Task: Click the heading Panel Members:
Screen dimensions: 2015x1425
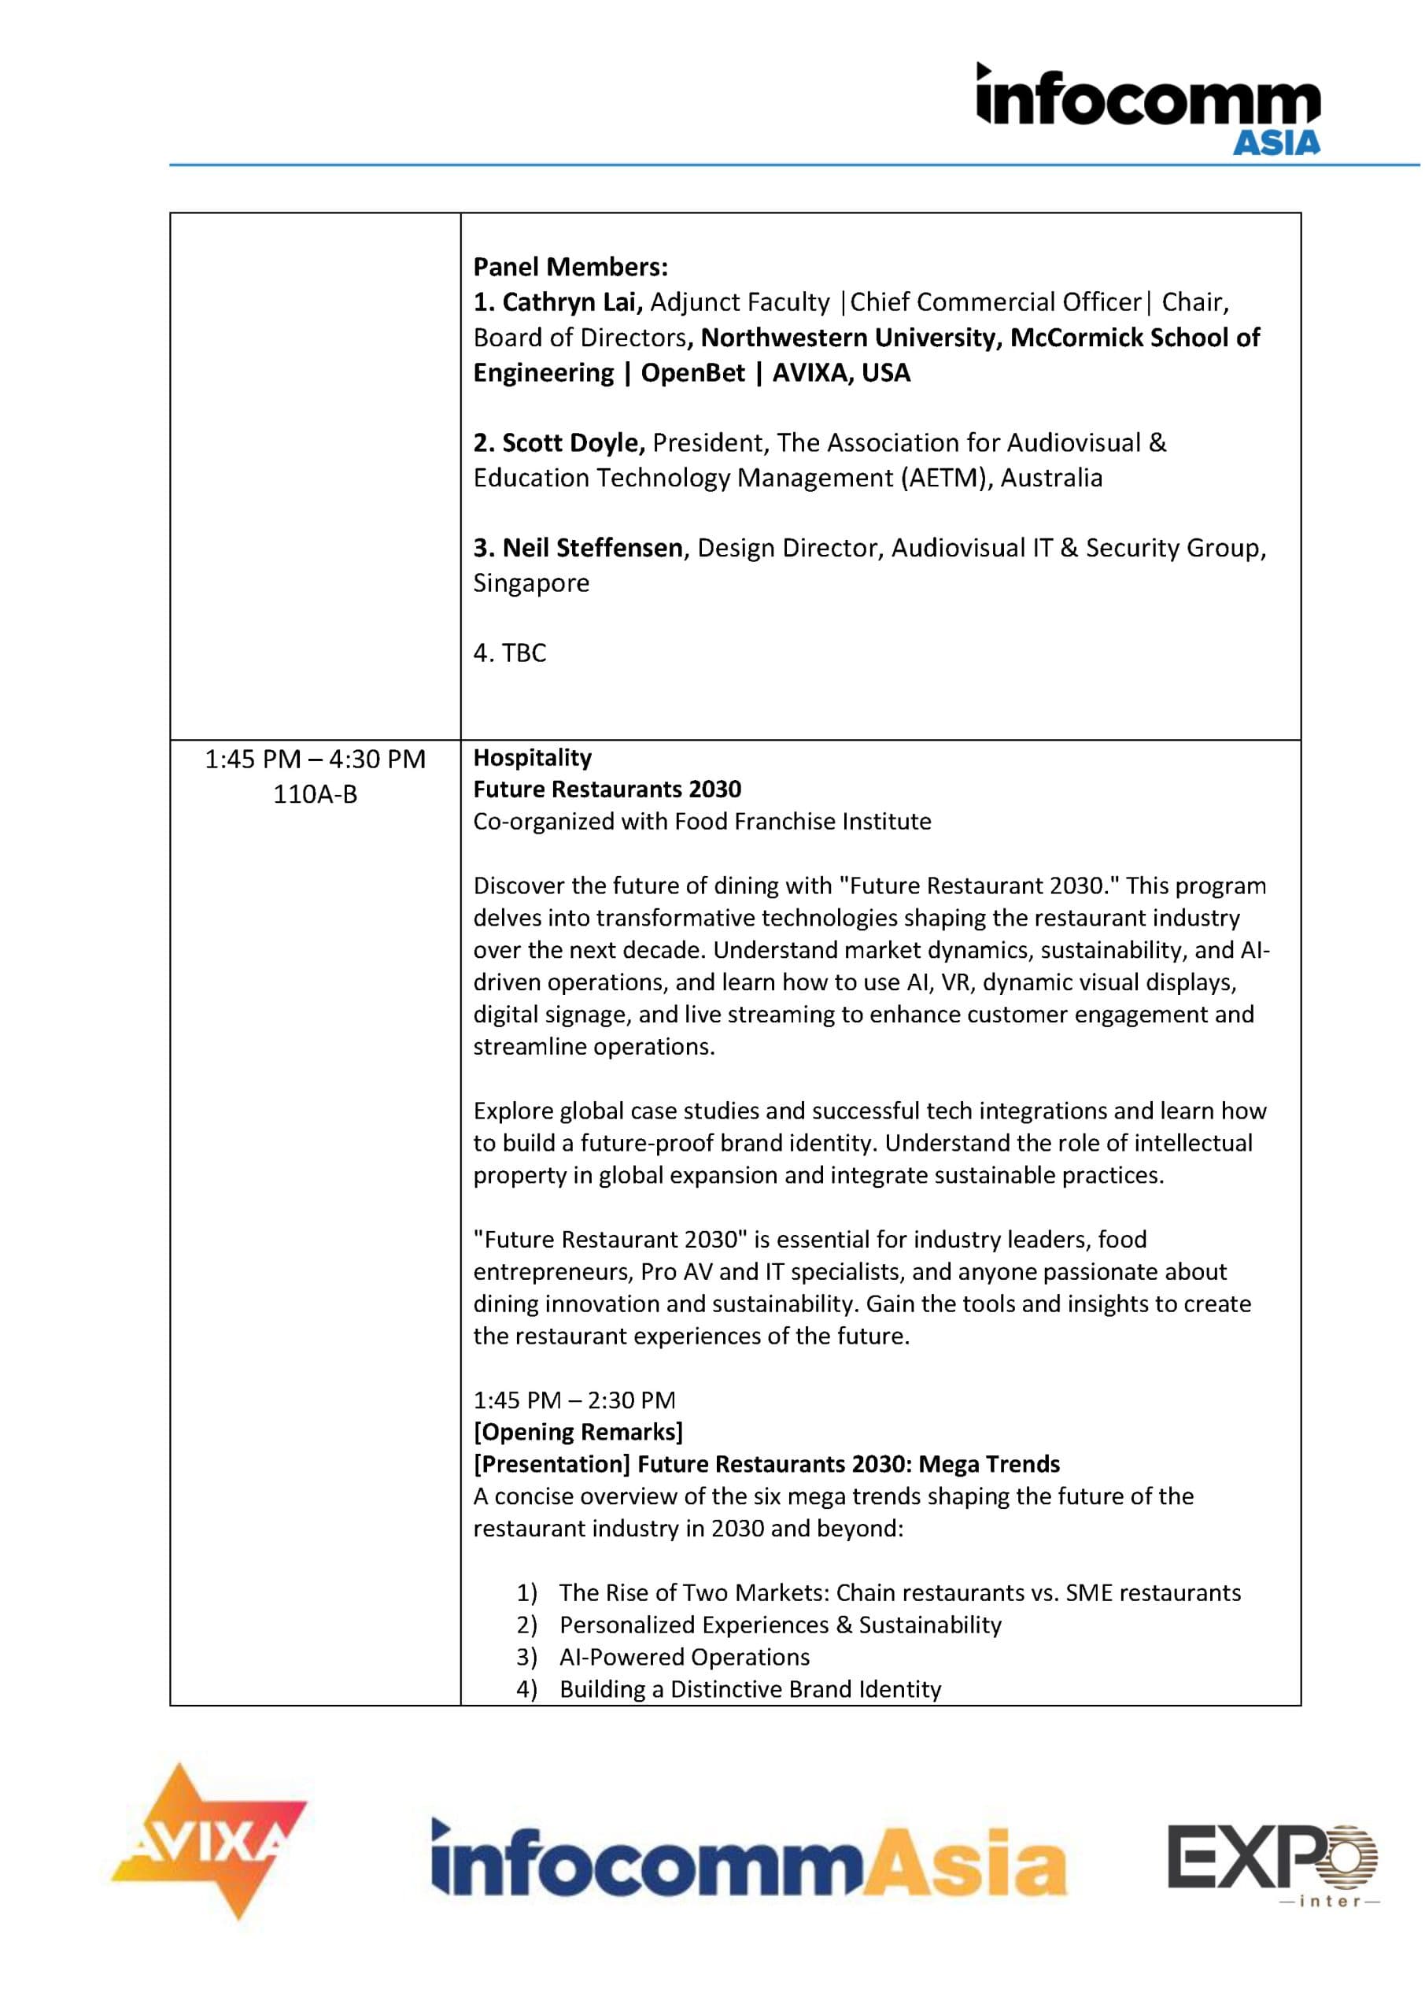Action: (570, 267)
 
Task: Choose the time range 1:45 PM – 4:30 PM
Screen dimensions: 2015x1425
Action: (315, 759)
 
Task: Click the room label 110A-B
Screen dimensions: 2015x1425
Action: (315, 794)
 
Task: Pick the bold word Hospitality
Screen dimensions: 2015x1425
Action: (533, 757)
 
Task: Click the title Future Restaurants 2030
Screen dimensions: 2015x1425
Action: (607, 789)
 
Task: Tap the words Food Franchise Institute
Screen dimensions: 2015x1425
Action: (802, 822)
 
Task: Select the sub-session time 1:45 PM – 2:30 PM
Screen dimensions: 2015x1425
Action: (574, 1399)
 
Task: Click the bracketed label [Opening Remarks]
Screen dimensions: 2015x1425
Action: (578, 1432)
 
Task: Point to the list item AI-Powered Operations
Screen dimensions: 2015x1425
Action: (685, 1657)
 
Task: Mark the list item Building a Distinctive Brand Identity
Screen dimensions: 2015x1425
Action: (750, 1689)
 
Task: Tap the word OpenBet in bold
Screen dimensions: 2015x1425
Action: (692, 372)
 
